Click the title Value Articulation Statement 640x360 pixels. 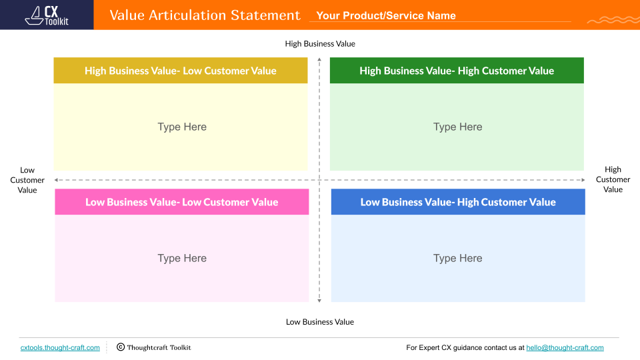205,15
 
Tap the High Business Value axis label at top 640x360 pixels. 320,44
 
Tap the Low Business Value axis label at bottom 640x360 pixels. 320,322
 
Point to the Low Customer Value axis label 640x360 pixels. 27,180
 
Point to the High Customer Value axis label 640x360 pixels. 613,180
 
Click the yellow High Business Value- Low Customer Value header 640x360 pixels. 181,71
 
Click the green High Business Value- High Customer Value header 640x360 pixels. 457,71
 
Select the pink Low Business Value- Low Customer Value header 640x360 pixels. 181,202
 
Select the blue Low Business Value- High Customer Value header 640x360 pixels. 458,202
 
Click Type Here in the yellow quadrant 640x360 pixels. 182,127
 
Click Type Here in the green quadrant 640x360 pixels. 457,127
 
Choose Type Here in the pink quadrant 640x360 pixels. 182,258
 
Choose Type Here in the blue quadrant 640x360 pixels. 457,258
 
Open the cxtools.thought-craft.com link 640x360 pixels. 60,347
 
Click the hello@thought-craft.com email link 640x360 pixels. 565,347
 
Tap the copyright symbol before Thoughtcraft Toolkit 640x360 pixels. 121,347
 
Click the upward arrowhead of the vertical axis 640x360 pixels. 319,61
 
